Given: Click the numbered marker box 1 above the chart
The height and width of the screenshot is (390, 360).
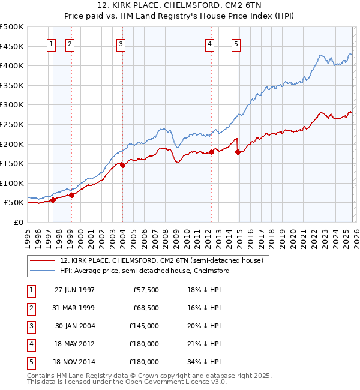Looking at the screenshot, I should pyautogui.click(x=51, y=43).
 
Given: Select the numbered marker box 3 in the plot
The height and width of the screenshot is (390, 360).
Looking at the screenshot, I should pyautogui.click(x=121, y=43).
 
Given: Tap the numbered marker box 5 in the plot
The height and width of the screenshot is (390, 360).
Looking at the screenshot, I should pyautogui.click(x=236, y=43).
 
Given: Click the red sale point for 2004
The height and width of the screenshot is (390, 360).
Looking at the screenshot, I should pyautogui.click(x=122, y=165).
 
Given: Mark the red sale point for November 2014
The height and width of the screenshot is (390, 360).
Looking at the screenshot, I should pyautogui.click(x=238, y=152).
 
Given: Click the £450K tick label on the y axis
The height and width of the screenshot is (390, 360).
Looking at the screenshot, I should pyautogui.click(x=12, y=46).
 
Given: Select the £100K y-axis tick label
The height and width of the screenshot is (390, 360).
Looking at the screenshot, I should pyautogui.click(x=12, y=183).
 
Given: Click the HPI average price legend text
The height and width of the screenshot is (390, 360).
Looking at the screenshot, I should pyautogui.click(x=145, y=271).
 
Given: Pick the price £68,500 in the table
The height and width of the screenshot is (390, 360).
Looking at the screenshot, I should pyautogui.click(x=145, y=308).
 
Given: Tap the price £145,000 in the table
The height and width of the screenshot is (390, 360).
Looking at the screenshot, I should pyautogui.click(x=144, y=326).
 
